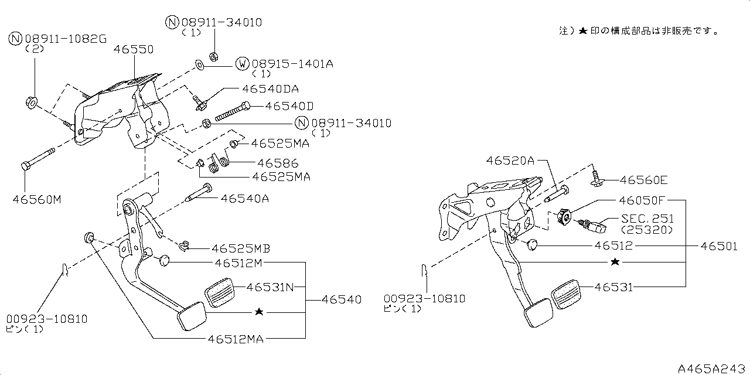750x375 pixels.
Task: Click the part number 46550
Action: [x=134, y=50]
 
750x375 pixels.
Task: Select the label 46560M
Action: [x=36, y=200]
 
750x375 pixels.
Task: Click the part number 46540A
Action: [x=245, y=199]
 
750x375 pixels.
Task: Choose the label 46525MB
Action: [x=241, y=248]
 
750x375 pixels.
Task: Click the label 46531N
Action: [x=270, y=287]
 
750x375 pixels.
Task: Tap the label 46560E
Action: [x=643, y=180]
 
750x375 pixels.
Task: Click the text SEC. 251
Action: [x=647, y=218]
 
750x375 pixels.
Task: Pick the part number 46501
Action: [x=719, y=247]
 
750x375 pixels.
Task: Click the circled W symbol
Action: [x=242, y=63]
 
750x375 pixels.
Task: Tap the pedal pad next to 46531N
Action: [x=219, y=291]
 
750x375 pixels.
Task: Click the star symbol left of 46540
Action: [x=258, y=312]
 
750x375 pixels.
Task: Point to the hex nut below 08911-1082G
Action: [x=32, y=103]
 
